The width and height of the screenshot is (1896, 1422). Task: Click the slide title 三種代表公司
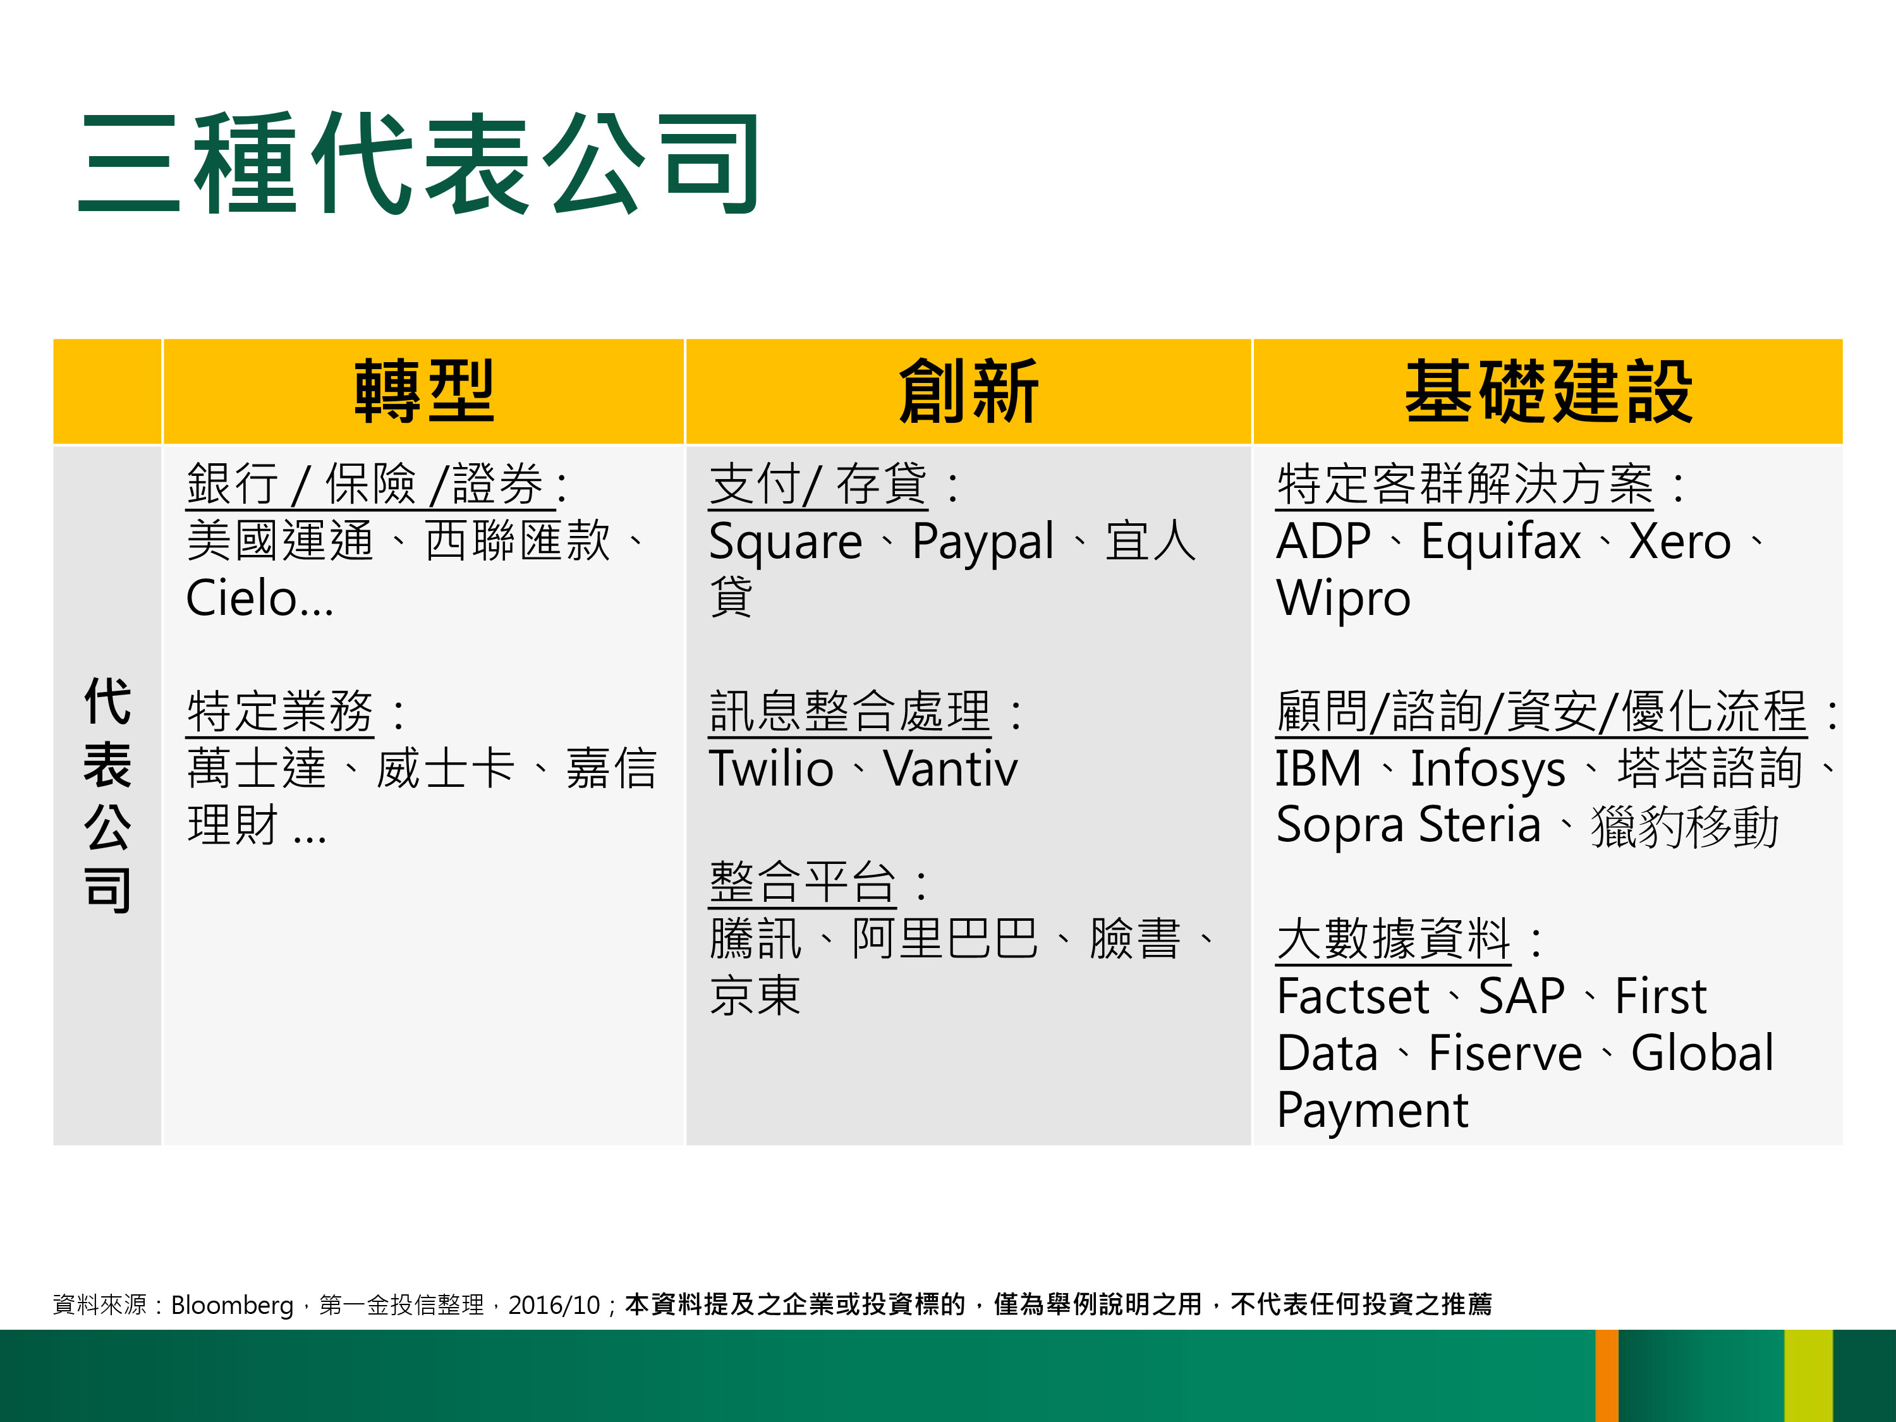[418, 163]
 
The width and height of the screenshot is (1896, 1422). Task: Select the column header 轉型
[424, 392]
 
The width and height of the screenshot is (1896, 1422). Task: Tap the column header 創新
[969, 392]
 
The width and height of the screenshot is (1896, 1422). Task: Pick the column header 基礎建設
[1548, 392]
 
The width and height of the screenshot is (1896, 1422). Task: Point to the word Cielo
[241, 599]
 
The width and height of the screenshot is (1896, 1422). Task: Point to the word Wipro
[1343, 599]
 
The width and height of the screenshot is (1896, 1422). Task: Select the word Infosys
[1488, 770]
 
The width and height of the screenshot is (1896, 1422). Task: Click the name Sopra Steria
[1408, 825]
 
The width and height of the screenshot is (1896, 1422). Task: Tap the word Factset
[1352, 996]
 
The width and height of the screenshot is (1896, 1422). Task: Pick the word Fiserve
[1505, 1054]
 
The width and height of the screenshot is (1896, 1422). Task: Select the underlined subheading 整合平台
[802, 882]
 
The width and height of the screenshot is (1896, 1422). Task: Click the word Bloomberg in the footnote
[233, 1304]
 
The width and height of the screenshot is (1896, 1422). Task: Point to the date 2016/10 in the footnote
[554, 1304]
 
